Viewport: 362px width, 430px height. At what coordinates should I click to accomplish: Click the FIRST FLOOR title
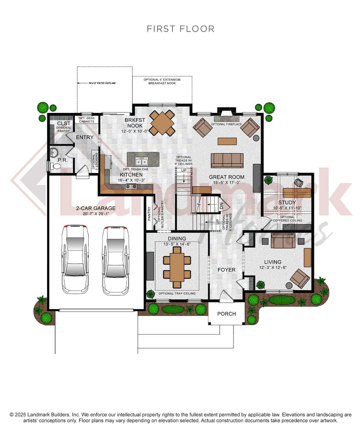click(180, 29)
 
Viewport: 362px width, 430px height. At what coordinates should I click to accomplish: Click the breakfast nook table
click(162, 123)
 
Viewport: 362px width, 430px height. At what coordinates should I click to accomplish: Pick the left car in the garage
click(75, 259)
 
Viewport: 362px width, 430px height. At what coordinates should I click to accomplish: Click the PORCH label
click(226, 314)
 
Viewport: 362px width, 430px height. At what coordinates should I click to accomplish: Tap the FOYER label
click(226, 270)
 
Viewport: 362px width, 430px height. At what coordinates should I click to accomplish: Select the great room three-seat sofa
click(227, 160)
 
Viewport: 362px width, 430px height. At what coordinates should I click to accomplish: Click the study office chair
click(298, 182)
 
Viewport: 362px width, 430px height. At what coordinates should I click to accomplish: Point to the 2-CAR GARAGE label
click(96, 208)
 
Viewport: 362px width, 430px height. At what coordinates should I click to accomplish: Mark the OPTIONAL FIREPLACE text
click(226, 124)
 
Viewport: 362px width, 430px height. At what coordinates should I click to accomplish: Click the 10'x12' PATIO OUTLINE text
click(102, 83)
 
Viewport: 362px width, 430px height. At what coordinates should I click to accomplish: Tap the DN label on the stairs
click(222, 206)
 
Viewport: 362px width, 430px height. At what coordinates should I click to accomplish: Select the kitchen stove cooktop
click(131, 186)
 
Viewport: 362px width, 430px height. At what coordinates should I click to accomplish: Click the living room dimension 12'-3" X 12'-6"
click(273, 268)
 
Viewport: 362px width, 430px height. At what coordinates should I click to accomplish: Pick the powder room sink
click(54, 153)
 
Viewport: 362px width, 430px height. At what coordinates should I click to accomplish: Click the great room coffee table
click(227, 141)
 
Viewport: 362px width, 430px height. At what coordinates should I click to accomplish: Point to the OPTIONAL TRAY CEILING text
click(177, 293)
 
